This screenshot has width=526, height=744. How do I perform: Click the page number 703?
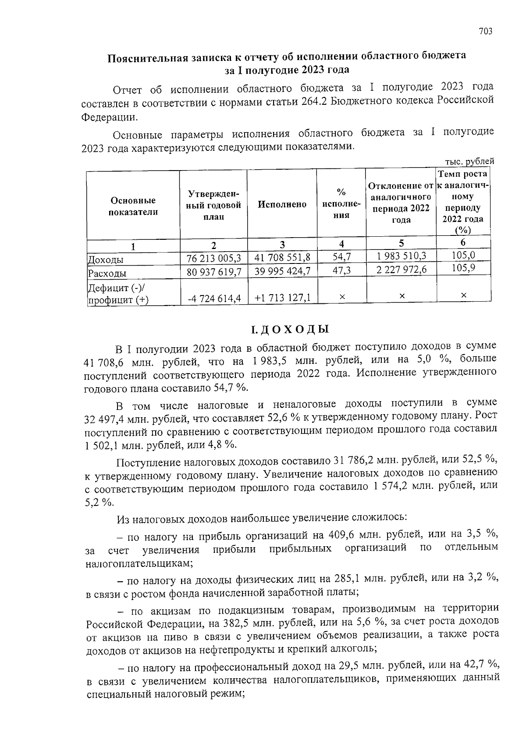[486, 31]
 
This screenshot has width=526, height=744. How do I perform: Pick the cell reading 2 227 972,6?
[402, 270]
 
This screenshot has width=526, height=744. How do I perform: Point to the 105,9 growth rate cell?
[463, 268]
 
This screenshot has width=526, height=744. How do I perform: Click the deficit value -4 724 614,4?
[214, 299]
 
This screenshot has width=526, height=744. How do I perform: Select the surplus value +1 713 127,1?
[282, 298]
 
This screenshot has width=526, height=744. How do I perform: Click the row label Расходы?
[107, 274]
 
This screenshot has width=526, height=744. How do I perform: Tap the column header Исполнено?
[282, 204]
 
